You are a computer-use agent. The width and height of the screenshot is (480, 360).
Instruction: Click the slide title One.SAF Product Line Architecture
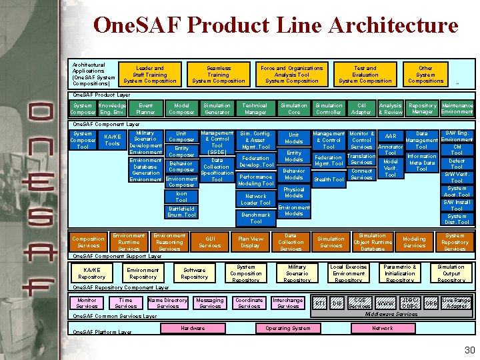(x=276, y=26)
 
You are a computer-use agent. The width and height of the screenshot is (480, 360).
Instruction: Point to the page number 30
(x=469, y=350)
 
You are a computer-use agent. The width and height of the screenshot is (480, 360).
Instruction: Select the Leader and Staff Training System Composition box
(x=150, y=75)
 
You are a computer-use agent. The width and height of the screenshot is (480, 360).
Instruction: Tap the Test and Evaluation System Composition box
(x=365, y=75)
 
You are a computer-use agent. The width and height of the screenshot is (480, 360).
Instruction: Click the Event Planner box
(x=145, y=109)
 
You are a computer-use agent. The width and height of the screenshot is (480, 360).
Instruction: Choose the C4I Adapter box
(x=361, y=109)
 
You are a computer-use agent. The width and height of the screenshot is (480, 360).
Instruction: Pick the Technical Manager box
(x=255, y=109)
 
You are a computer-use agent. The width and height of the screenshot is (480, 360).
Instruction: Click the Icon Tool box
(x=181, y=197)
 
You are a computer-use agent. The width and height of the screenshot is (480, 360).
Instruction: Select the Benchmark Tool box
(x=256, y=218)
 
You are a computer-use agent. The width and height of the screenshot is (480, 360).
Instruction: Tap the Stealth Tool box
(x=329, y=179)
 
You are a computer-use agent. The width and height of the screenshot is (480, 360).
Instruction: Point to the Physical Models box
(x=294, y=192)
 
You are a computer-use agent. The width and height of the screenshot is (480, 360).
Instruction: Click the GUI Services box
(x=210, y=241)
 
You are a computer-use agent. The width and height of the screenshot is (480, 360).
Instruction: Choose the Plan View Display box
(x=251, y=241)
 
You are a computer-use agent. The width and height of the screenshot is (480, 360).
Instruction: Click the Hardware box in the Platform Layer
(x=193, y=329)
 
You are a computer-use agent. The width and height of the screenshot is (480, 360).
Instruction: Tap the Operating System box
(x=287, y=329)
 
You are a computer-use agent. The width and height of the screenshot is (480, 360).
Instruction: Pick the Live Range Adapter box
(x=456, y=303)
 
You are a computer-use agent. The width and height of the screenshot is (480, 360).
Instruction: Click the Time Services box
(x=125, y=303)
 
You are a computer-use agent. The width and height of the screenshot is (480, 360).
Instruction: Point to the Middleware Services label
(x=389, y=314)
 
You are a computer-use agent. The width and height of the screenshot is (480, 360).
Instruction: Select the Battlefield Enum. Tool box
(x=181, y=211)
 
